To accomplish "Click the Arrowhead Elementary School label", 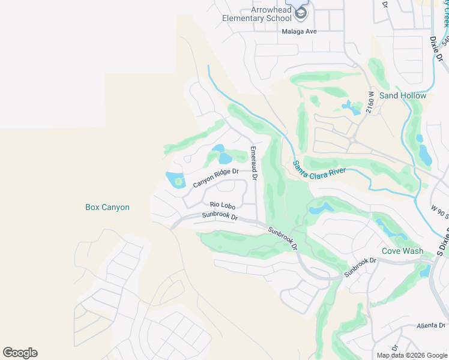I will tap(256, 14).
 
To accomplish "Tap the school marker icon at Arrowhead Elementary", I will tap(301, 13).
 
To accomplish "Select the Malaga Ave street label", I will tap(299, 32).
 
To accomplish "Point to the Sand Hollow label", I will tap(403, 96).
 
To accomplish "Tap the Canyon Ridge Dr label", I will tap(216, 178).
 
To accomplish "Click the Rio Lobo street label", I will tap(221, 205).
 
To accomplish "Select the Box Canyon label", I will tap(107, 208).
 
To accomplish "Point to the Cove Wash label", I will tap(403, 251).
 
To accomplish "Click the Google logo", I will tap(20, 353).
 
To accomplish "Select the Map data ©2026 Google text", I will tap(412, 355).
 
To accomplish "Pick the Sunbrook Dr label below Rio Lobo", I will tap(220, 215).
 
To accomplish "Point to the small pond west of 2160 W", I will tap(348, 107).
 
